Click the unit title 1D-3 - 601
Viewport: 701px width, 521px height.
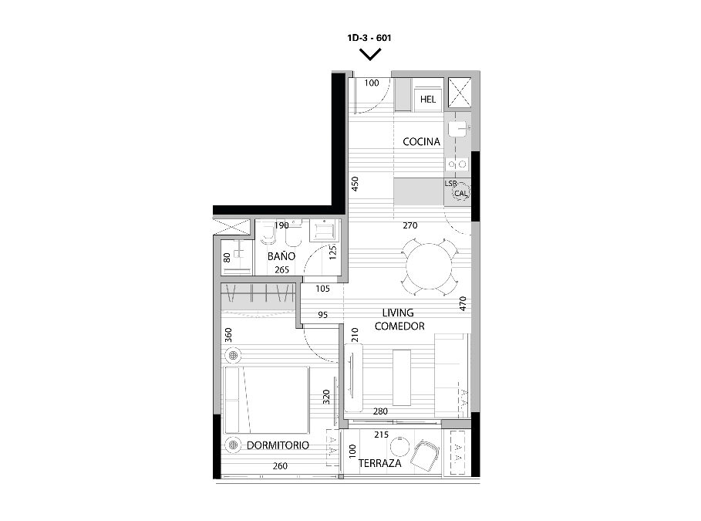click(x=369, y=38)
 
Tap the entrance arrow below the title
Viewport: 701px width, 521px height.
click(x=371, y=55)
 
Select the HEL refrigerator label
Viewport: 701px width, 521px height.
click(x=428, y=100)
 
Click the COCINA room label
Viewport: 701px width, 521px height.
click(x=421, y=142)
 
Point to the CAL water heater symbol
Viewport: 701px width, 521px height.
click(x=460, y=194)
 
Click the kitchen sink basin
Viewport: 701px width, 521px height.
click(x=458, y=128)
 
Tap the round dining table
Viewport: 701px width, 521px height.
click(x=429, y=267)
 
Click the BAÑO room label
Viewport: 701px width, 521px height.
click(x=281, y=256)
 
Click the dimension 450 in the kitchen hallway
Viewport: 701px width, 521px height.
click(x=355, y=184)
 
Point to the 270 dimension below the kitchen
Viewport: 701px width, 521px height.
click(x=410, y=225)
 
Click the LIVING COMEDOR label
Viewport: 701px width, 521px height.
click(x=399, y=319)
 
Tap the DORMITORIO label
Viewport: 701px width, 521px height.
click(x=278, y=445)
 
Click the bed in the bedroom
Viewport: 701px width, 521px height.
click(x=267, y=400)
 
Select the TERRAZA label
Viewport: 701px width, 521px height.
click(x=380, y=463)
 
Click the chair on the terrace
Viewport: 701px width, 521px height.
click(x=426, y=454)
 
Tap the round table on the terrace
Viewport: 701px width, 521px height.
click(x=399, y=446)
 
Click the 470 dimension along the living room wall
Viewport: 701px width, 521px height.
click(x=463, y=303)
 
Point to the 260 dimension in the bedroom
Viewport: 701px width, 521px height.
click(x=280, y=466)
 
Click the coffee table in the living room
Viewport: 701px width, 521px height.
click(x=402, y=377)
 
